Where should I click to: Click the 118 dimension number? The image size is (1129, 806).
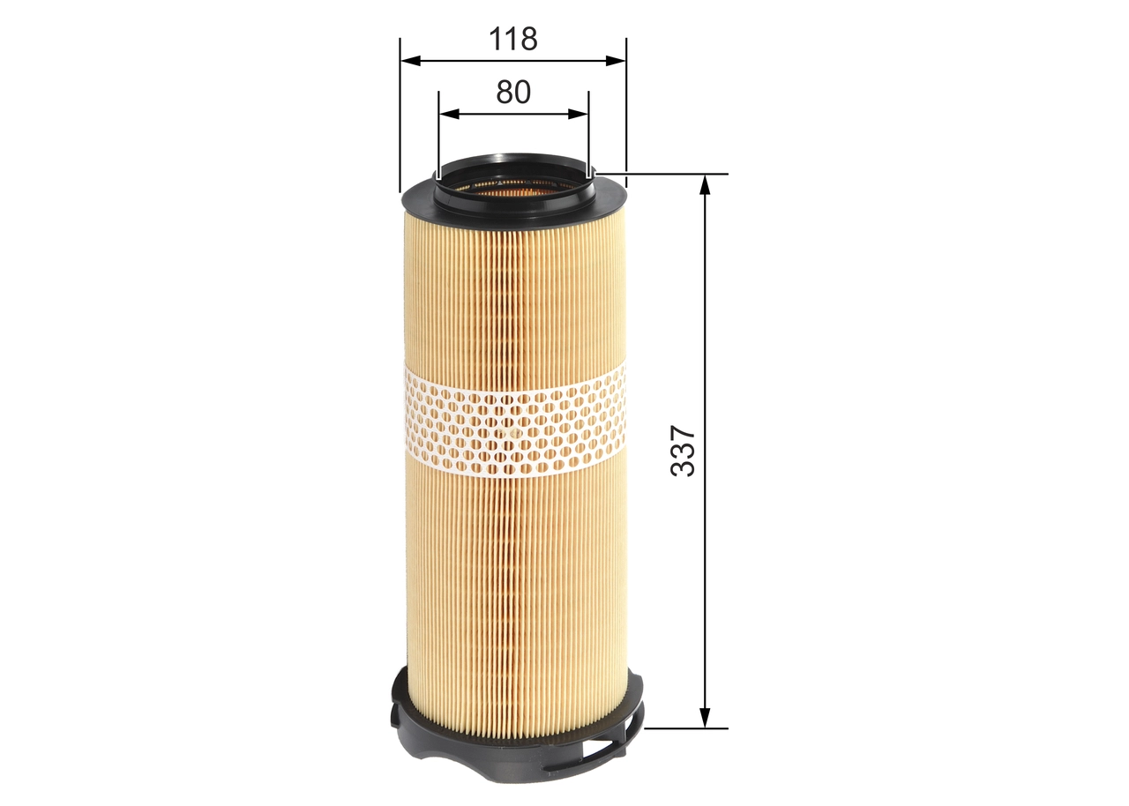tap(513, 39)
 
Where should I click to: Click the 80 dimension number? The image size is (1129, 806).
tap(513, 92)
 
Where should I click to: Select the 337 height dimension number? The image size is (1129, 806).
tap(684, 452)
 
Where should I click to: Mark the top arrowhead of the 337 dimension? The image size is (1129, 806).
tap(705, 183)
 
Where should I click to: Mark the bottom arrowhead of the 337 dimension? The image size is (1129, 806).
tap(705, 720)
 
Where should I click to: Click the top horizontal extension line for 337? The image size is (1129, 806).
tap(670, 174)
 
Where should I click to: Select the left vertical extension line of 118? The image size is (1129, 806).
tap(400, 115)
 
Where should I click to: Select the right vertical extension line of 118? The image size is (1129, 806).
tap(625, 106)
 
